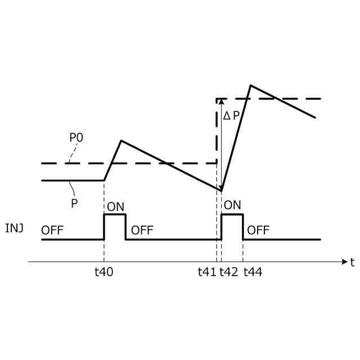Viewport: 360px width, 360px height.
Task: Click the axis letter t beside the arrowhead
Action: (352, 262)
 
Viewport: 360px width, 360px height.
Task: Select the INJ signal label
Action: (14, 229)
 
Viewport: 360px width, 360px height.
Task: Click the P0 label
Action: (76, 138)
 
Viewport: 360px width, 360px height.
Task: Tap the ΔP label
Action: (231, 116)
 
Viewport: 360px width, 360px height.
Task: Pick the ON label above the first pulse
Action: (115, 206)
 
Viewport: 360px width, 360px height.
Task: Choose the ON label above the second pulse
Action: (232, 205)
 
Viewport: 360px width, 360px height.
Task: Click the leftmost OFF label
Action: (52, 230)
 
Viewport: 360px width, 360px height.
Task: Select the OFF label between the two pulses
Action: (142, 230)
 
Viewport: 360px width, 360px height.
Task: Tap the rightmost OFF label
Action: (258, 230)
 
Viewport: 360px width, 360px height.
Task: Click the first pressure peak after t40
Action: (121, 141)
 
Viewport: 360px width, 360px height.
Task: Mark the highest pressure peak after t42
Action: (250, 85)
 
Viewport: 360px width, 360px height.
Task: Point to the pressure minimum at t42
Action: (222, 191)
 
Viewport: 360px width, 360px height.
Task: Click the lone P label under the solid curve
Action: (74, 204)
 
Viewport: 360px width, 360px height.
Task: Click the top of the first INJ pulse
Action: (115, 214)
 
